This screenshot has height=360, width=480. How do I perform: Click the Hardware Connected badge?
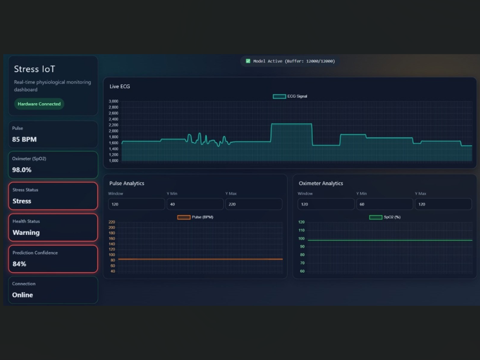tap(39, 104)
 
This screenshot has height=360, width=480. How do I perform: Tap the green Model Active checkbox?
tap(248, 61)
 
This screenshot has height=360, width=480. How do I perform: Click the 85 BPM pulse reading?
tap(25, 140)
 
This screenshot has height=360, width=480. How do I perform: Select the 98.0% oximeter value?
tap(22, 170)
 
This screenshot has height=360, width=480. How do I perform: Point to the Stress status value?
tap(22, 201)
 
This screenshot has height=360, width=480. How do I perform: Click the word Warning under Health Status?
tap(26, 233)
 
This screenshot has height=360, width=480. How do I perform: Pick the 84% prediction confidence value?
tap(19, 264)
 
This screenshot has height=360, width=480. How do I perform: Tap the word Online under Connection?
tap(22, 295)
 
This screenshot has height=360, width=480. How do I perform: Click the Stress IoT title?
tap(35, 69)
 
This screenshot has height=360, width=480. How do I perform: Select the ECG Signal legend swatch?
tap(279, 96)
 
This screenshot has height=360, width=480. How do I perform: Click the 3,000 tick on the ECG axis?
tap(113, 101)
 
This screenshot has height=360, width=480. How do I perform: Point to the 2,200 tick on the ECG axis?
tap(113, 125)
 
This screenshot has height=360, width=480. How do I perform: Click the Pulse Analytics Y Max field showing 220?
tap(254, 204)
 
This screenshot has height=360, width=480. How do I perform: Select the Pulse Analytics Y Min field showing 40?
tap(195, 204)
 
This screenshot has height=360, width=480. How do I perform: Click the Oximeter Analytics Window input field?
tap(326, 204)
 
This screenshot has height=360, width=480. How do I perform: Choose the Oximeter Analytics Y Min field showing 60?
tap(385, 204)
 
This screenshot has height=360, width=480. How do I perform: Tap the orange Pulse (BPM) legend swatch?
tap(184, 217)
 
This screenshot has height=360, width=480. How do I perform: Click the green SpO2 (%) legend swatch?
tap(376, 217)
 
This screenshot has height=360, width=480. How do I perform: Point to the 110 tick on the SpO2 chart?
tap(301, 230)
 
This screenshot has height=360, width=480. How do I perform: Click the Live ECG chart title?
tap(120, 87)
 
